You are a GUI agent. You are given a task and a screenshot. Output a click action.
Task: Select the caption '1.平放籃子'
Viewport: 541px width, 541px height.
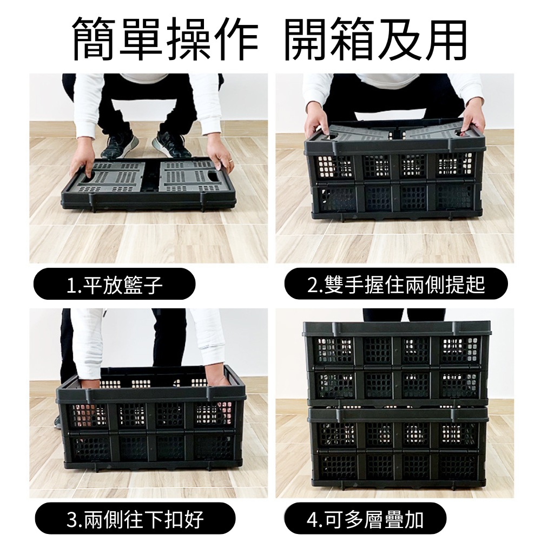point(114,285)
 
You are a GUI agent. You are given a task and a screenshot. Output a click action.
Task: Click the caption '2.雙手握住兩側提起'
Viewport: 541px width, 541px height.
point(396,285)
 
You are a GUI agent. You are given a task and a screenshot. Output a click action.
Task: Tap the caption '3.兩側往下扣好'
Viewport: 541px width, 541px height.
point(135,519)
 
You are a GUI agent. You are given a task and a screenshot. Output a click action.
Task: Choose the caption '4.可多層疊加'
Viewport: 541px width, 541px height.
point(365,519)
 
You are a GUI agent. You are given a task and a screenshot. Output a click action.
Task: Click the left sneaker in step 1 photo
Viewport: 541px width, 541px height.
point(120,144)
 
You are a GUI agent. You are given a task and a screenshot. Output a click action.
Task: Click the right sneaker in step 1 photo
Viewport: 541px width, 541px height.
point(171,144)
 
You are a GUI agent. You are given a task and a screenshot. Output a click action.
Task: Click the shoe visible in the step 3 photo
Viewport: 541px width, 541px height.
point(58,421)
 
